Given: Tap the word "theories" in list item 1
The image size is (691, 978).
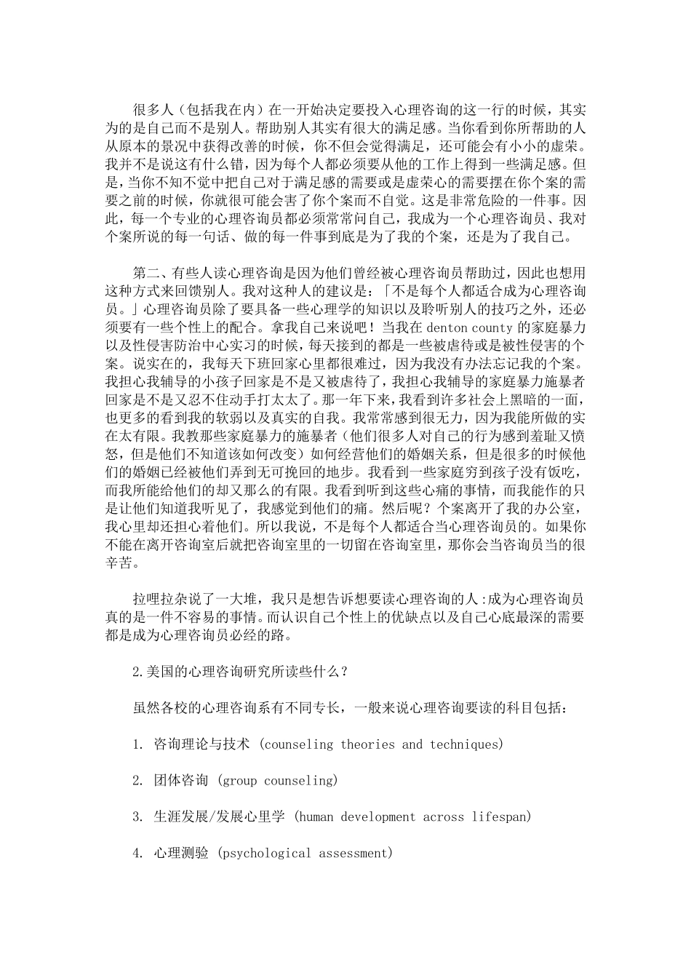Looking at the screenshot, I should [368, 744].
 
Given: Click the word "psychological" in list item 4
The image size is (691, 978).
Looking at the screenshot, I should [263, 853].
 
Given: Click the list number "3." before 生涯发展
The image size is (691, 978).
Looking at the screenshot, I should [137, 816].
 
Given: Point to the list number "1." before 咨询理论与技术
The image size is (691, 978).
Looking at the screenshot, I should [137, 744].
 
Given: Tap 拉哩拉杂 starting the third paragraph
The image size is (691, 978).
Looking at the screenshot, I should [160, 600].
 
